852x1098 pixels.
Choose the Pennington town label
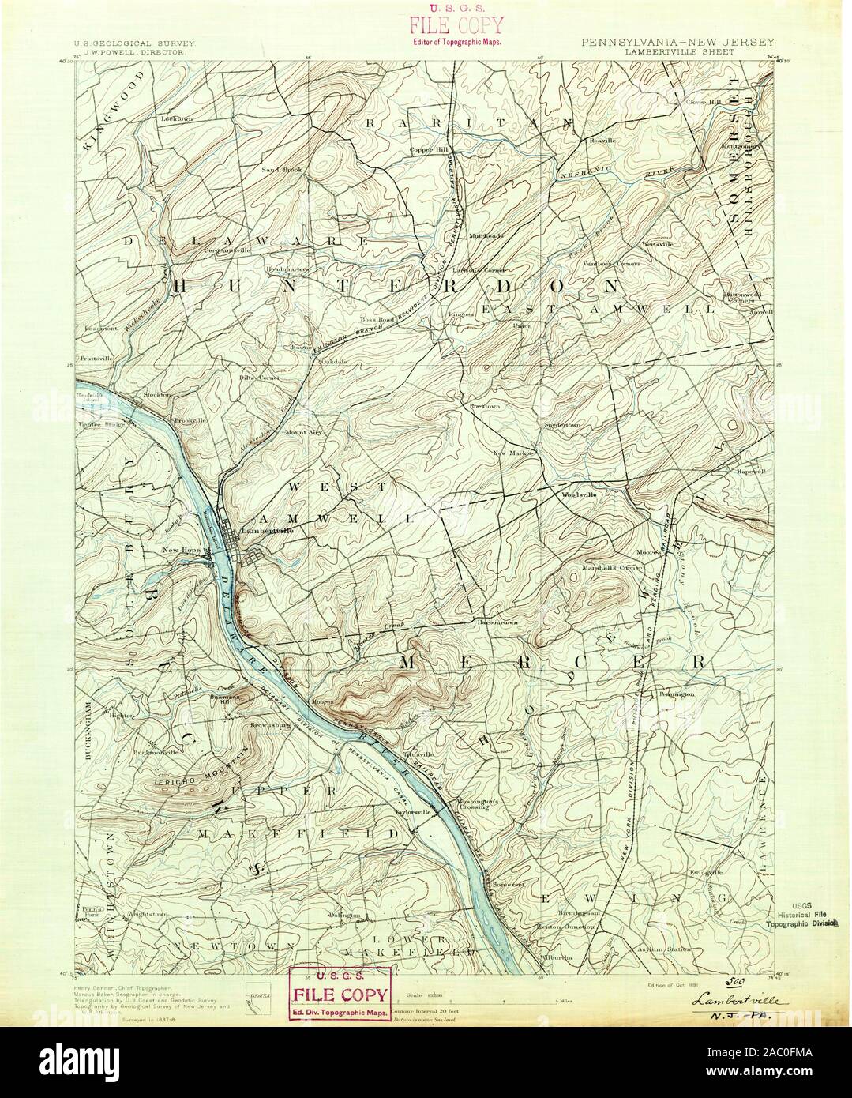[672, 693]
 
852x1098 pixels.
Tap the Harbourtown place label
[497, 622]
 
